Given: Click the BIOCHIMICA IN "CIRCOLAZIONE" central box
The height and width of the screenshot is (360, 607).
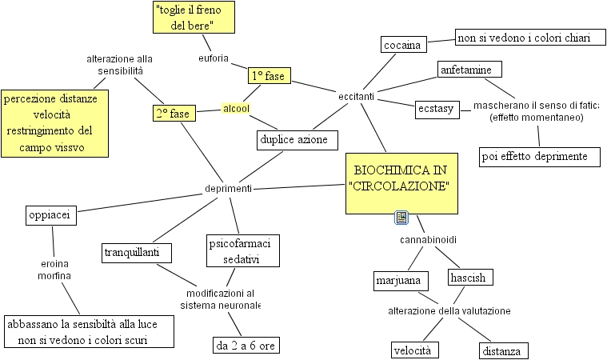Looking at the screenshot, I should tap(401, 183).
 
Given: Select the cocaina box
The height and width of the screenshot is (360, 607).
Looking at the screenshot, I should tap(402, 45).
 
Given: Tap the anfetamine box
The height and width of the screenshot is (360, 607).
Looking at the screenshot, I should tap(470, 70).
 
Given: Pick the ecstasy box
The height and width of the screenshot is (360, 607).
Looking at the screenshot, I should tap(437, 108).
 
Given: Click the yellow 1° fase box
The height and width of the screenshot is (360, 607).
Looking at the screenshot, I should tap(269, 76).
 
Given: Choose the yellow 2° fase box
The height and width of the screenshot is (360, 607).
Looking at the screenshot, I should tap(173, 114).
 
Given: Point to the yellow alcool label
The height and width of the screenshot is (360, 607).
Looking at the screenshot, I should tap(236, 108).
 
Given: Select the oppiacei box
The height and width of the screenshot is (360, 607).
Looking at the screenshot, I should tap(50, 216).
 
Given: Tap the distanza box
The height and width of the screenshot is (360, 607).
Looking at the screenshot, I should tap(504, 350).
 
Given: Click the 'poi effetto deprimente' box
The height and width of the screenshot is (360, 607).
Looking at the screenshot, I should tap(540, 157).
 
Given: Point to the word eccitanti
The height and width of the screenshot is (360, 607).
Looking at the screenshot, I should tap(357, 96).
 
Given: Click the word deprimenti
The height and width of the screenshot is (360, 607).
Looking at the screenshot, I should tap(229, 189).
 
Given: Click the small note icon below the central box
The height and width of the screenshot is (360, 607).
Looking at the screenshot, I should tap(401, 218).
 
